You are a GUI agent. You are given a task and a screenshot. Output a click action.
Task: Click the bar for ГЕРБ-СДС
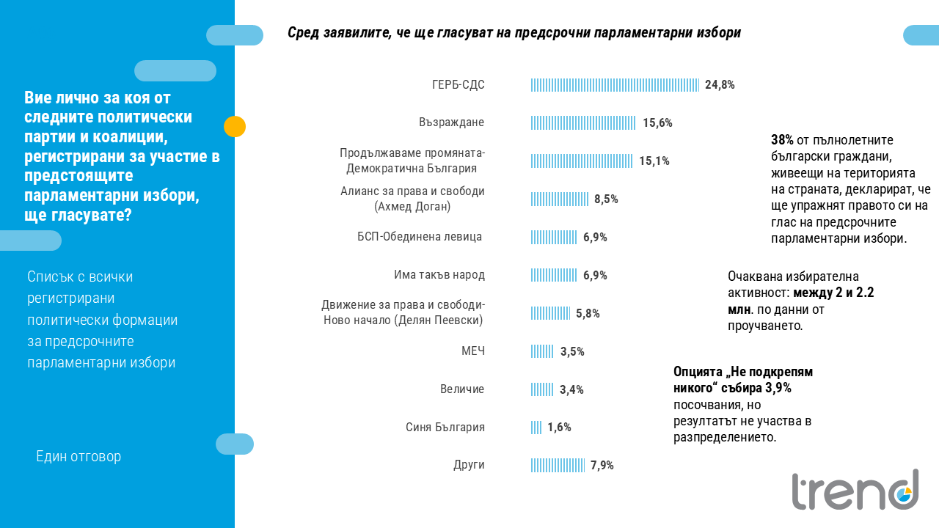(615, 84)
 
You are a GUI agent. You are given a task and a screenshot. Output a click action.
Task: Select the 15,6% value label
(657, 122)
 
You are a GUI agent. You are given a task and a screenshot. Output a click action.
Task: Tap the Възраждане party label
(451, 122)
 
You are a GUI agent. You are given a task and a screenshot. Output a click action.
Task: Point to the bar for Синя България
(536, 428)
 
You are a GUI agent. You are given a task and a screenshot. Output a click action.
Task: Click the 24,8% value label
(720, 84)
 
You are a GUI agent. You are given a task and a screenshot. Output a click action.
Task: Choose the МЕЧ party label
(472, 351)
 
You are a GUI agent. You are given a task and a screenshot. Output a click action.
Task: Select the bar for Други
(558, 465)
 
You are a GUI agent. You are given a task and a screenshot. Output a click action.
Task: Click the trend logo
(855, 490)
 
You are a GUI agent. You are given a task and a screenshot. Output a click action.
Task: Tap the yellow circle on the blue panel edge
(235, 127)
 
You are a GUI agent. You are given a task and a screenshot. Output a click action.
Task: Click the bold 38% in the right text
(782, 139)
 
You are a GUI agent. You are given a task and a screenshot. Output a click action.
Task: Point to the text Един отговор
(78, 457)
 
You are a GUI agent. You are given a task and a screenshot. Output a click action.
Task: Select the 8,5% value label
(606, 199)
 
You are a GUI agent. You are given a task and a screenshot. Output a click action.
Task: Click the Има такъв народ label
(439, 275)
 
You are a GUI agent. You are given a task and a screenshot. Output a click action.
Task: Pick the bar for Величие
(542, 389)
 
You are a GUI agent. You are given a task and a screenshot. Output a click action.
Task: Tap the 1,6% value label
(559, 428)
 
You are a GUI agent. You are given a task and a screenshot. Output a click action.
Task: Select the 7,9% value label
(602, 465)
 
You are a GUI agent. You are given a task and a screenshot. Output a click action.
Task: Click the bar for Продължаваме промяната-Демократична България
(582, 161)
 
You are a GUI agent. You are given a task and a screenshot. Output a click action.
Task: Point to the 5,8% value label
(588, 313)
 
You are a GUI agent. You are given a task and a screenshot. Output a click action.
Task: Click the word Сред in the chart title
(302, 33)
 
